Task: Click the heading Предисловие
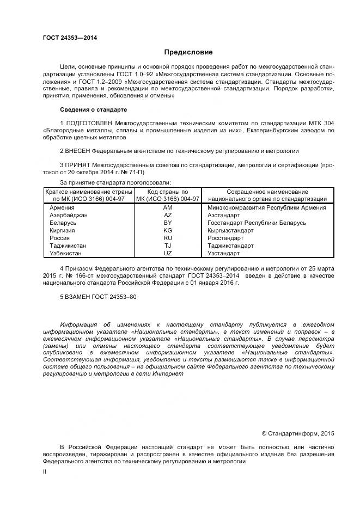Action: point(188,52)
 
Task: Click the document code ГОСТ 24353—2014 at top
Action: point(66,38)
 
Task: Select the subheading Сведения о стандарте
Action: point(86,109)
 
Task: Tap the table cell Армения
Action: point(62,207)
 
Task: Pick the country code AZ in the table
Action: point(167,215)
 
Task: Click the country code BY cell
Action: point(167,223)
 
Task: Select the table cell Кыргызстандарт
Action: point(230,230)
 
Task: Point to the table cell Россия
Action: point(59,238)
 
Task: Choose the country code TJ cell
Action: point(167,246)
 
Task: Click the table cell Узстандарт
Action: point(223,253)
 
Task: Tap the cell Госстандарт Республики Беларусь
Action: point(252,223)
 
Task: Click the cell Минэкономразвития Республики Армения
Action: point(267,207)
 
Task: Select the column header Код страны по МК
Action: point(167,195)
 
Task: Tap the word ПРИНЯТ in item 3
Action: point(77,164)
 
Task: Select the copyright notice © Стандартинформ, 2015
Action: point(297,433)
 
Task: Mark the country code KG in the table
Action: point(167,230)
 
